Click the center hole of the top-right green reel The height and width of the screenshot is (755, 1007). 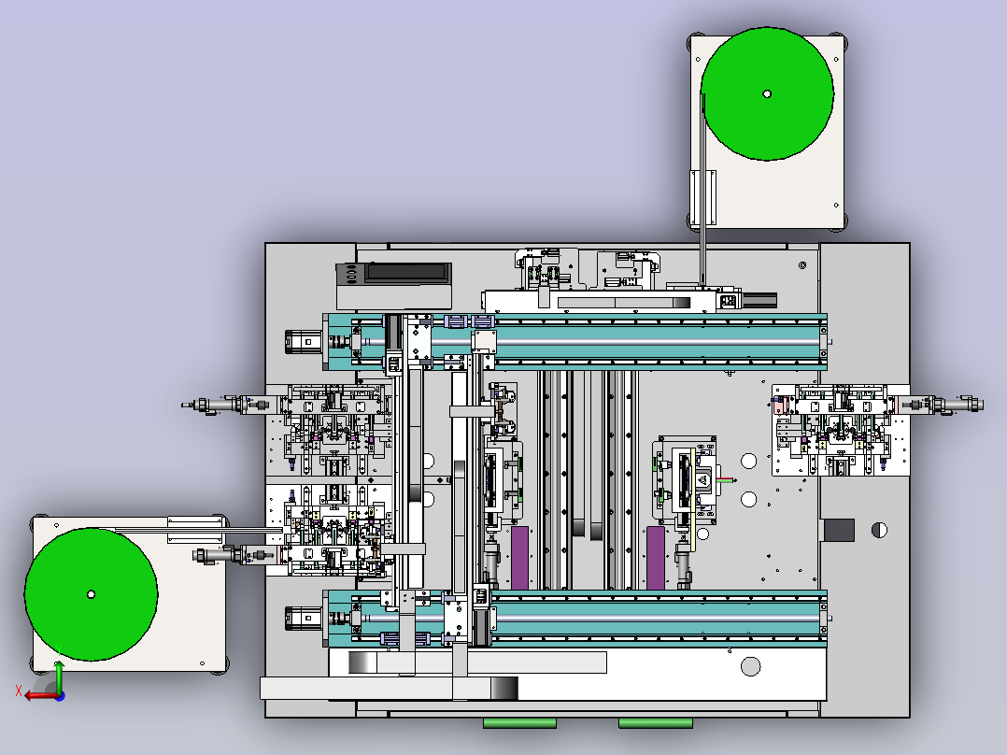(x=767, y=93)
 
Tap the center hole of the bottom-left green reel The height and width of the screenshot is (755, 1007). (x=92, y=594)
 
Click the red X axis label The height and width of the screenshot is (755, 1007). (x=19, y=691)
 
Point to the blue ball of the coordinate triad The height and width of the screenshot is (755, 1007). (x=60, y=696)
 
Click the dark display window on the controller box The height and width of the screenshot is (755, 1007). (x=406, y=273)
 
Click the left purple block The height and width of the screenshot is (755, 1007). (x=519, y=558)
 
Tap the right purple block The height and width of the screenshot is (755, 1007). (x=656, y=558)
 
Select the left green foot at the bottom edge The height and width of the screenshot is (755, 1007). (x=519, y=723)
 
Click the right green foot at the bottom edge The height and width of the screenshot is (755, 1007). (x=656, y=723)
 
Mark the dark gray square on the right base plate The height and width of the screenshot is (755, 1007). (x=840, y=530)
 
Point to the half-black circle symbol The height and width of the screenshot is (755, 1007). (x=879, y=530)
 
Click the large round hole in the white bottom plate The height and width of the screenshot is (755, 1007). (x=751, y=666)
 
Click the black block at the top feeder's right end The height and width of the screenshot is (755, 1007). (x=759, y=300)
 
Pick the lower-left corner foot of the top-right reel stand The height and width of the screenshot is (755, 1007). (x=692, y=221)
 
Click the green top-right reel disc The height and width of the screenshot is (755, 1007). (x=767, y=93)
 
